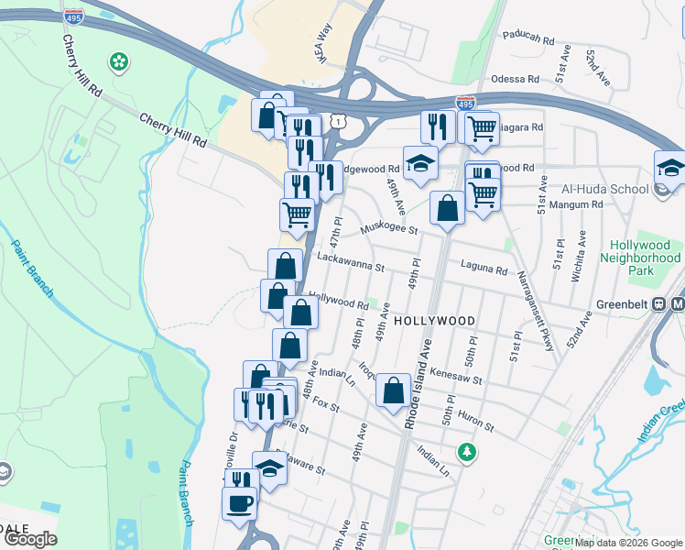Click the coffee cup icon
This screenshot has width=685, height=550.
(240, 502)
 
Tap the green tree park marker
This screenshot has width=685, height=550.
(467, 452)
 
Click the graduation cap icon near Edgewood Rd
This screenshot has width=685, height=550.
(420, 164)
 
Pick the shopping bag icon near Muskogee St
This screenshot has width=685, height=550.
(447, 208)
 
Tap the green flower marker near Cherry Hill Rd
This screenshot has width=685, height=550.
(118, 62)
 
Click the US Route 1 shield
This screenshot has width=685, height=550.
(339, 121)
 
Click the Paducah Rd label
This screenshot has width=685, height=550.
(528, 40)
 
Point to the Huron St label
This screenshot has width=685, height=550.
(475, 421)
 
